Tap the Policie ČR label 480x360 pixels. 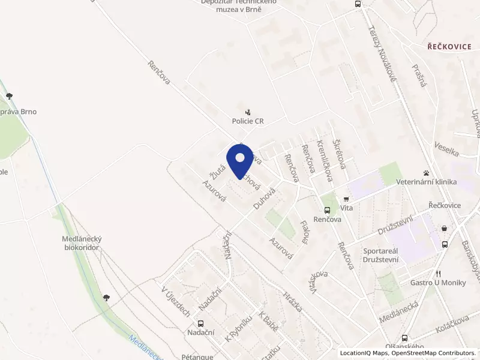248,121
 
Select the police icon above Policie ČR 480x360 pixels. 248,112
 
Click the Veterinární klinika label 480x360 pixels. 426,182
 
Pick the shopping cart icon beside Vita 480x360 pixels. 346,199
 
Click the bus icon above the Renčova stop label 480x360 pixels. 327,211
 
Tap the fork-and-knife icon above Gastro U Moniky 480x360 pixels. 439,273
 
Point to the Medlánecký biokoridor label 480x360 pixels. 80,242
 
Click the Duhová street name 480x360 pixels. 263,198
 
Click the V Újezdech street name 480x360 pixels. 176,301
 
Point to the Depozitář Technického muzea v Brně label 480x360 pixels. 239,5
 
